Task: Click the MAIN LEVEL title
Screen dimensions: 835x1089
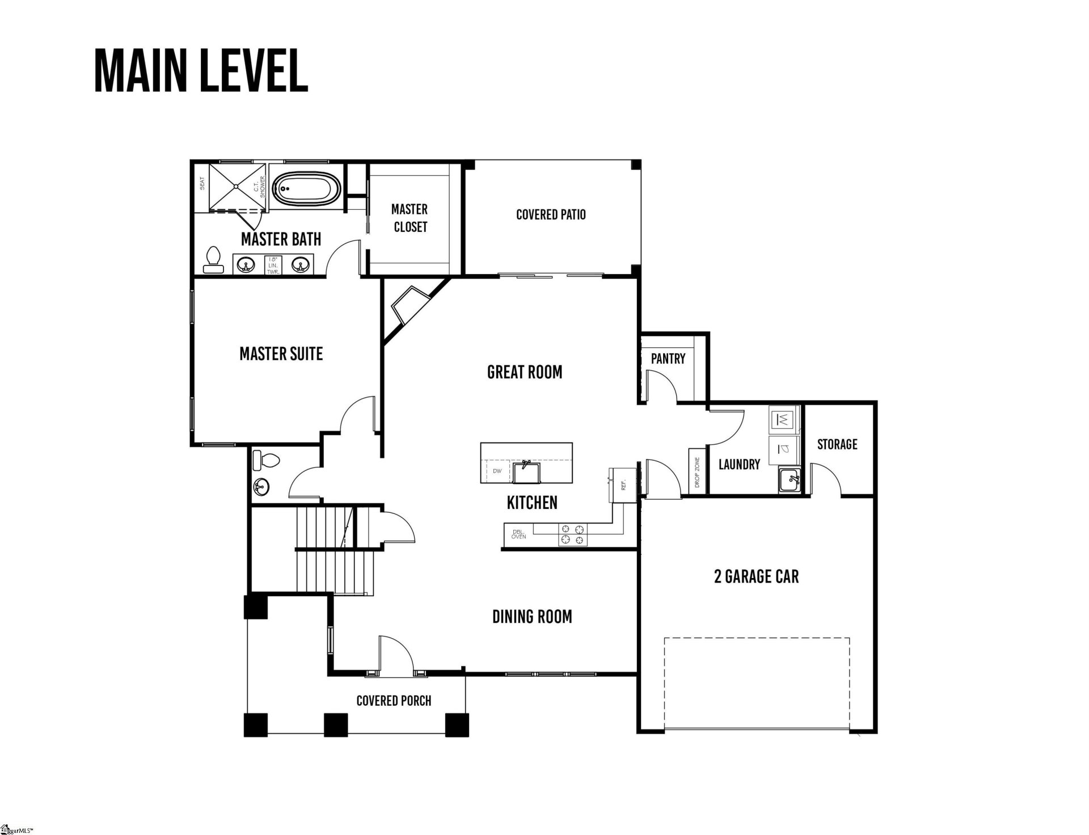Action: pyautogui.click(x=201, y=70)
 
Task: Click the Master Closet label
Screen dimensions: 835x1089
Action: pyautogui.click(x=410, y=218)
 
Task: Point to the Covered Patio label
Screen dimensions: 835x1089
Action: pyautogui.click(x=551, y=214)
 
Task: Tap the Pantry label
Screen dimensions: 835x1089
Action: pyautogui.click(x=668, y=359)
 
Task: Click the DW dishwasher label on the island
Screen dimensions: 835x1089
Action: pyautogui.click(x=497, y=471)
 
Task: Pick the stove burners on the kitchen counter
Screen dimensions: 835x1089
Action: pyautogui.click(x=573, y=534)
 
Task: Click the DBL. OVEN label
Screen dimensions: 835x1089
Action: pyautogui.click(x=518, y=534)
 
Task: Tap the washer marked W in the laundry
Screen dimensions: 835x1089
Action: pyautogui.click(x=783, y=420)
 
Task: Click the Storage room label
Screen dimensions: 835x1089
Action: pyautogui.click(x=837, y=444)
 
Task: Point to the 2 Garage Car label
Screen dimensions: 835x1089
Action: pyautogui.click(x=756, y=577)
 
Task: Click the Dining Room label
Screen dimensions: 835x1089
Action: pyautogui.click(x=532, y=617)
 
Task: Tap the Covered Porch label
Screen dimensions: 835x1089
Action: pyautogui.click(x=394, y=701)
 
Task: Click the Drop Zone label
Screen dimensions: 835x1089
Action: pyautogui.click(x=697, y=473)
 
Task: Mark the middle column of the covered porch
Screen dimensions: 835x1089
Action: pyautogui.click(x=335, y=724)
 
